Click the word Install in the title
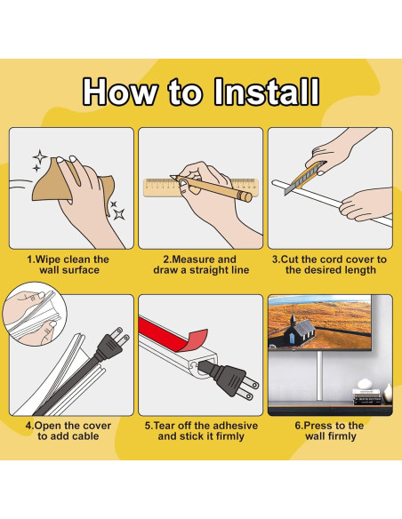(267, 92)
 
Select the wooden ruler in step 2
(201, 188)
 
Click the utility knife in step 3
(305, 178)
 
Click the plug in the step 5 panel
(229, 379)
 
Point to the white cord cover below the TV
(319, 376)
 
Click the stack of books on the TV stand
(367, 396)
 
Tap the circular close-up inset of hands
(35, 314)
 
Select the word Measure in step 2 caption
(192, 259)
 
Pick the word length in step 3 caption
(359, 270)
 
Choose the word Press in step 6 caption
(317, 426)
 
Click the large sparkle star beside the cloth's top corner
(40, 156)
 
